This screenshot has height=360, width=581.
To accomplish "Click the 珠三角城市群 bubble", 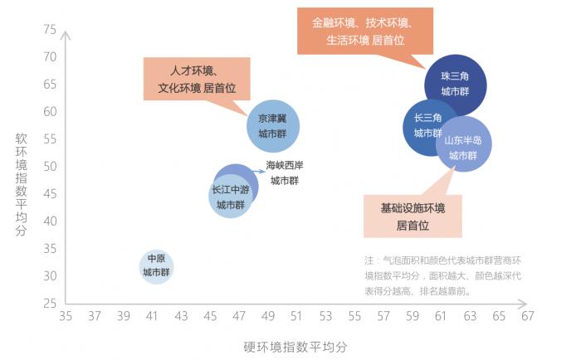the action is coord(456,85).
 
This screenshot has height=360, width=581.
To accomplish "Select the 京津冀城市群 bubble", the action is coord(273,126).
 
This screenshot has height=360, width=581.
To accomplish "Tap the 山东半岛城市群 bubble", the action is coord(463,144).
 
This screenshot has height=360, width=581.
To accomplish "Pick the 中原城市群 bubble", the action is coord(156,266).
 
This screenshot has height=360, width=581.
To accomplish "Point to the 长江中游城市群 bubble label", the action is coord(231,197).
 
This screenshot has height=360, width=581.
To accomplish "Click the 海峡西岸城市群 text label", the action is coord(285,173).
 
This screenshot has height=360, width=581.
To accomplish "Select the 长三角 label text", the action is coord(427,118).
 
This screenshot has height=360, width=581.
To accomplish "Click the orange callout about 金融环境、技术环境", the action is coord(365,32).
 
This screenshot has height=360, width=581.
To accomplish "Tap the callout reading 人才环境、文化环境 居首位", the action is coord(197,79).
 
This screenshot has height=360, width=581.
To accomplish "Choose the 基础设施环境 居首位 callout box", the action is coord(413,216).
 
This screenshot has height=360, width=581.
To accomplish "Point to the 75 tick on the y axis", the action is coord(50,29).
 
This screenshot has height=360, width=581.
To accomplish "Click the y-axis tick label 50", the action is coord(50,166).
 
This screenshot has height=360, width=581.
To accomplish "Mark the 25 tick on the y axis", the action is coord(50,304).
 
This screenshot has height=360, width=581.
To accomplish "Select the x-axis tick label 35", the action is coord(66,316).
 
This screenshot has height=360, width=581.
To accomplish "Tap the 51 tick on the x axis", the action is coord(296,316).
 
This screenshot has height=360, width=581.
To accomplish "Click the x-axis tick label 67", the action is coord(528,316).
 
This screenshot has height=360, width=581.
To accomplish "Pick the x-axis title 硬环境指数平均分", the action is coord(295,347).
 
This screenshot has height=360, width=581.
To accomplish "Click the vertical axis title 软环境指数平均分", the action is coord(21,184).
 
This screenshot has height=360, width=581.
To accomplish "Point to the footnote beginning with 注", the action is coord(443,276).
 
